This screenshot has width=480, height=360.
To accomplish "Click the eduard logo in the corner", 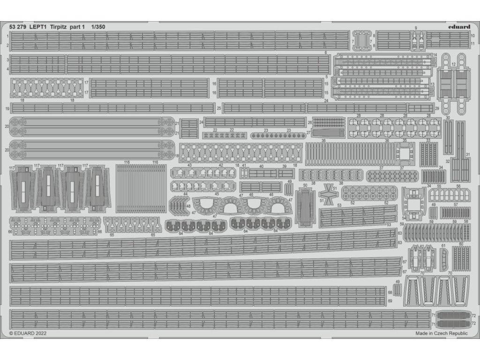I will (x=459, y=27).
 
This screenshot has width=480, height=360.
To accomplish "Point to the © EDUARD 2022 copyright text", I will (x=28, y=333).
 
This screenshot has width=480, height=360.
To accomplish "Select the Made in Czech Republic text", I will (x=441, y=333).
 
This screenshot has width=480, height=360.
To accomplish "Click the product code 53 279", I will (x=18, y=27).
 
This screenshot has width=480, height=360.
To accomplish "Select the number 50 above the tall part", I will (x=306, y=186).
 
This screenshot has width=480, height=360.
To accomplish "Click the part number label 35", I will (x=404, y=140).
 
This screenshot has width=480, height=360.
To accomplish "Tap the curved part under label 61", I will (x=444, y=255).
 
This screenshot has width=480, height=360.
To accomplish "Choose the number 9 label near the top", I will (x=416, y=29).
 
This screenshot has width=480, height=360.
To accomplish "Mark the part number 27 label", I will (x=309, y=133).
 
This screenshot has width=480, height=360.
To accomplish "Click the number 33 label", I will (x=428, y=140).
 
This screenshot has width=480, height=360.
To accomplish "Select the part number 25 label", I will (x=219, y=109).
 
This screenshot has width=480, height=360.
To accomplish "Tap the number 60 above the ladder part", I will (x=461, y=244).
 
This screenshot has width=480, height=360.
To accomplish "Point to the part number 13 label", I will (x=432, y=84).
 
